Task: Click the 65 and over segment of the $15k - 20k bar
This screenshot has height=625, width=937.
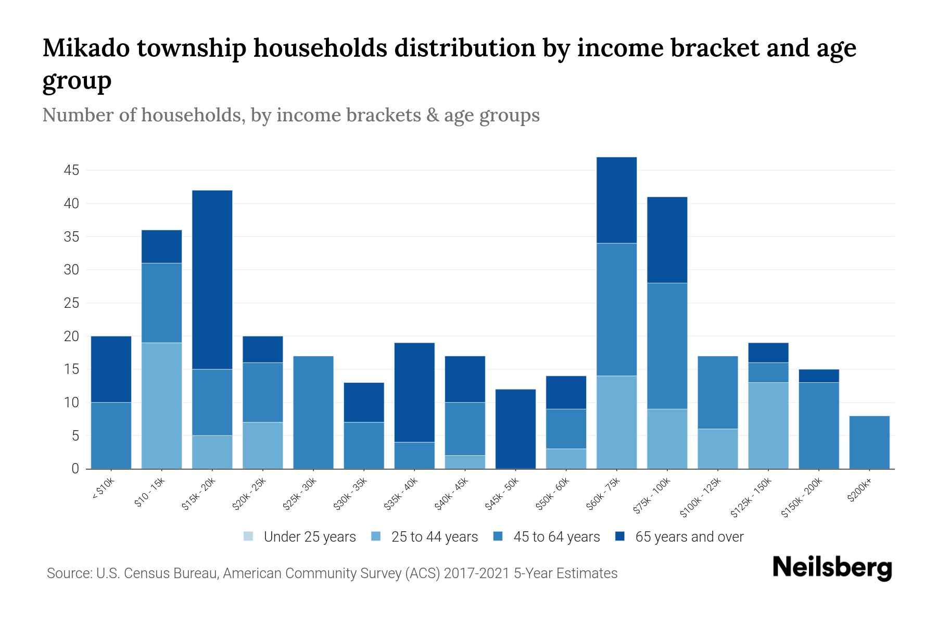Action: [x=212, y=280]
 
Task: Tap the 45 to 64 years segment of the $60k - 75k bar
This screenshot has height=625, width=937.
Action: [x=616, y=309]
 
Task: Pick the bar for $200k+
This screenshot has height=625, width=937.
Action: [x=869, y=442]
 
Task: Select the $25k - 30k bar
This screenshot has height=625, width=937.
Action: [x=313, y=412]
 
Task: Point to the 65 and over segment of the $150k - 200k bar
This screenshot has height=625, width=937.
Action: [x=818, y=376]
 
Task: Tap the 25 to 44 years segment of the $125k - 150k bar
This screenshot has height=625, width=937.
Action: [x=768, y=425]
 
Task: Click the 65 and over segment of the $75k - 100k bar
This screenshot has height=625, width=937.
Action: [x=667, y=240]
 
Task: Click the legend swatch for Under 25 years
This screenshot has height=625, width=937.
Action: [x=249, y=536]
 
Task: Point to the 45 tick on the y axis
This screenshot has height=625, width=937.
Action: [x=71, y=170]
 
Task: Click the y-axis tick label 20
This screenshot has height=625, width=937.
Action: [x=71, y=336]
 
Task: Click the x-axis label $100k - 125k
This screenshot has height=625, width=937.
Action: [x=701, y=497]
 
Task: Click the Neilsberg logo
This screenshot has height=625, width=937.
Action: [x=832, y=568]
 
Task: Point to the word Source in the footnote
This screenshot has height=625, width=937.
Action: [x=68, y=573]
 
